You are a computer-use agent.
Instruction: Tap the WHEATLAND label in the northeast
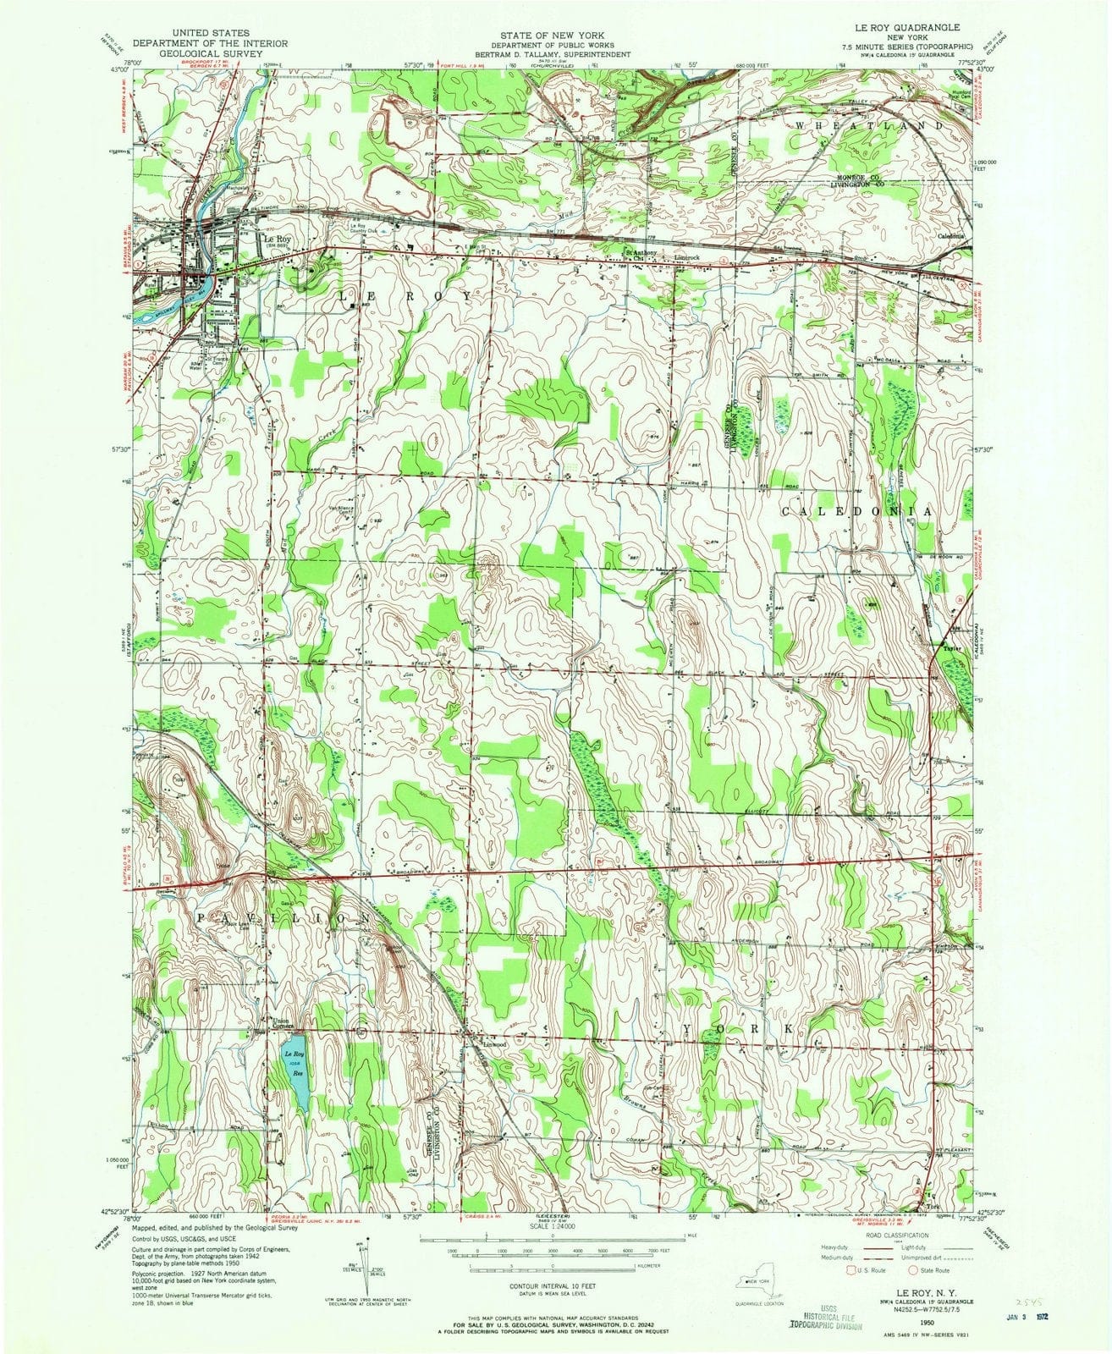(867, 124)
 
